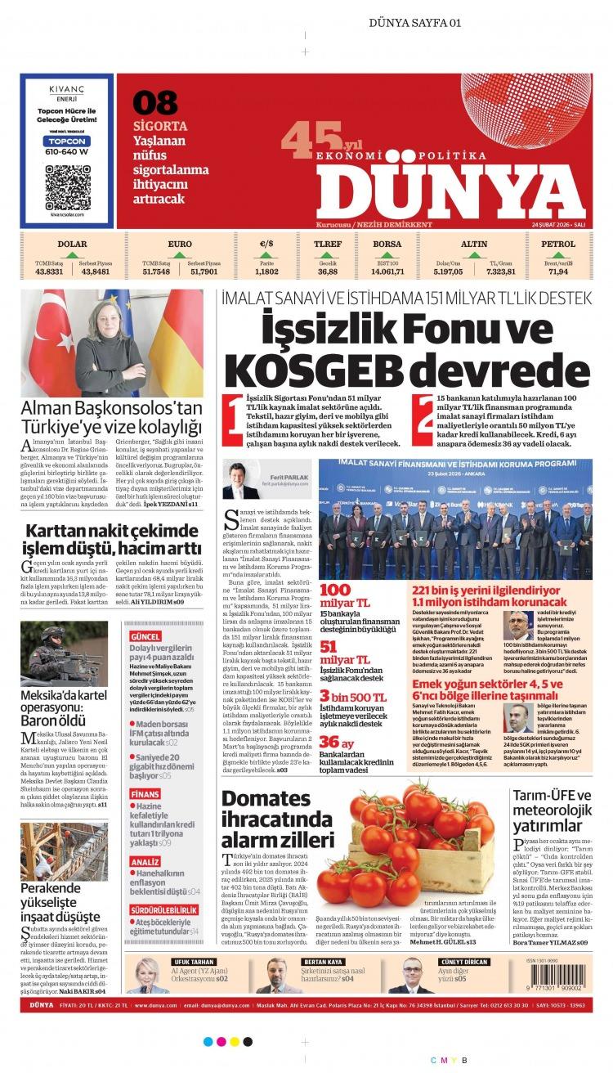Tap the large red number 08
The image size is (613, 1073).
click(155, 103)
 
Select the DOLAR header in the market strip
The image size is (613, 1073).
click(72, 244)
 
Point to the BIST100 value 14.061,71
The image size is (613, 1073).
click(387, 272)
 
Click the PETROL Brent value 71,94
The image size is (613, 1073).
click(558, 272)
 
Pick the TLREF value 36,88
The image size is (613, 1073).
click(328, 272)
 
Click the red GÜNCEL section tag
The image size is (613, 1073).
click(145, 636)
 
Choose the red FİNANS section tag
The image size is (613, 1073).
click(144, 794)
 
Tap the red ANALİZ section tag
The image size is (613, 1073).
click(145, 862)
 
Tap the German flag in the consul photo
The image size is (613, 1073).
click(181, 331)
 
